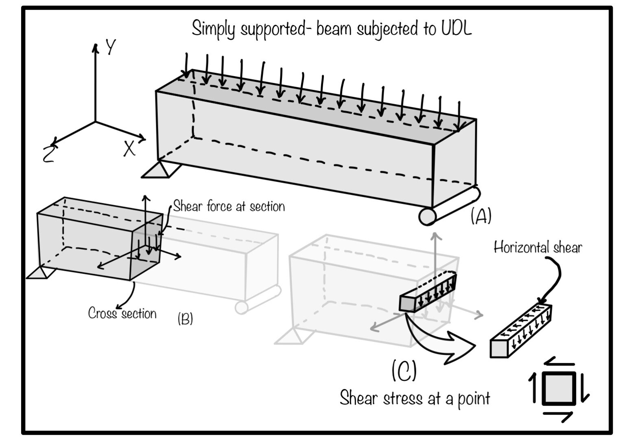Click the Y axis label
point(110,48)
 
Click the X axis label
point(129,149)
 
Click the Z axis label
point(48,154)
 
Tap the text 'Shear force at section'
point(229,207)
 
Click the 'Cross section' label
point(122,313)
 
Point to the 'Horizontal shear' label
point(538,247)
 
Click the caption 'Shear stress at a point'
point(415,398)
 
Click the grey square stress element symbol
point(559,389)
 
